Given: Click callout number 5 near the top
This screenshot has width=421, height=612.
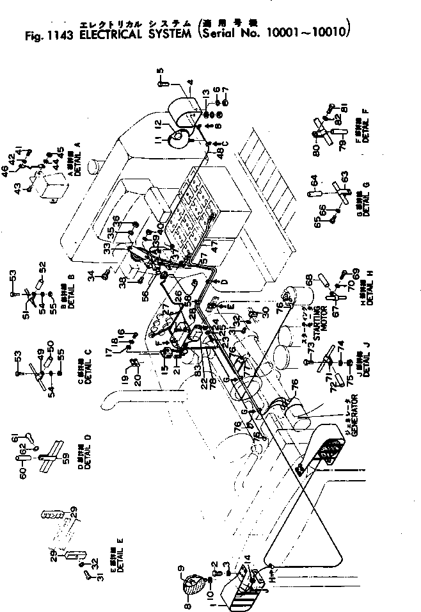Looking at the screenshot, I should pos(160,70).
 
